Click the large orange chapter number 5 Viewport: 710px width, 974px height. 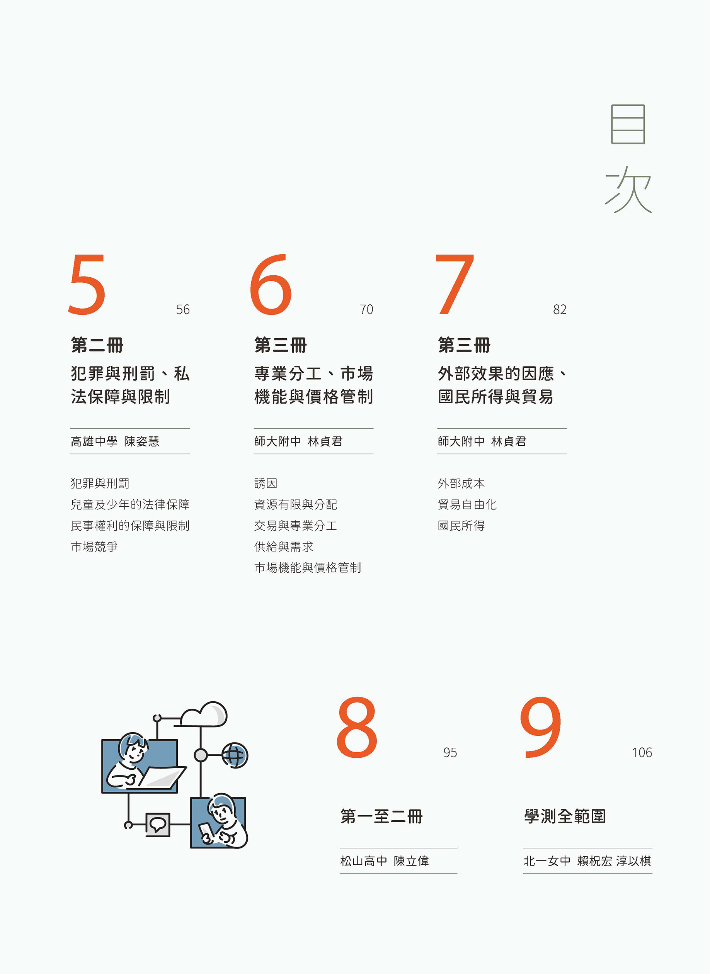(x=87, y=284)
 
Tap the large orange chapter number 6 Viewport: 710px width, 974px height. (x=271, y=284)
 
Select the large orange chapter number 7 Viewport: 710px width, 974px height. (x=455, y=284)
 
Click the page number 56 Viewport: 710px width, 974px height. (x=183, y=310)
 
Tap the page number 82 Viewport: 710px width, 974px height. (x=560, y=310)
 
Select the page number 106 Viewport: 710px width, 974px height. (x=642, y=752)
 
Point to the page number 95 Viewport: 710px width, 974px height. (x=450, y=752)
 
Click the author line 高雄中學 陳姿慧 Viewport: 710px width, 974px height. (x=115, y=441)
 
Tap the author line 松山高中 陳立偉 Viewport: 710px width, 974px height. (x=385, y=860)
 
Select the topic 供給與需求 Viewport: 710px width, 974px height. (x=284, y=547)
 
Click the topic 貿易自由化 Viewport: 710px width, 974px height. (x=467, y=505)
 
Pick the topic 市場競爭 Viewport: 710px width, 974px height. (x=94, y=547)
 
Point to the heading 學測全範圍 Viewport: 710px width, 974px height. (x=565, y=816)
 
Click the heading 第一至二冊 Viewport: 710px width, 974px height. (x=381, y=816)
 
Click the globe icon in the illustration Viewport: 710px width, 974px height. (x=235, y=755)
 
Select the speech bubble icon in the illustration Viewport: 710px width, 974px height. (x=158, y=825)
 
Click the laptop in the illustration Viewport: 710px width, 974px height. (x=159, y=778)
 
